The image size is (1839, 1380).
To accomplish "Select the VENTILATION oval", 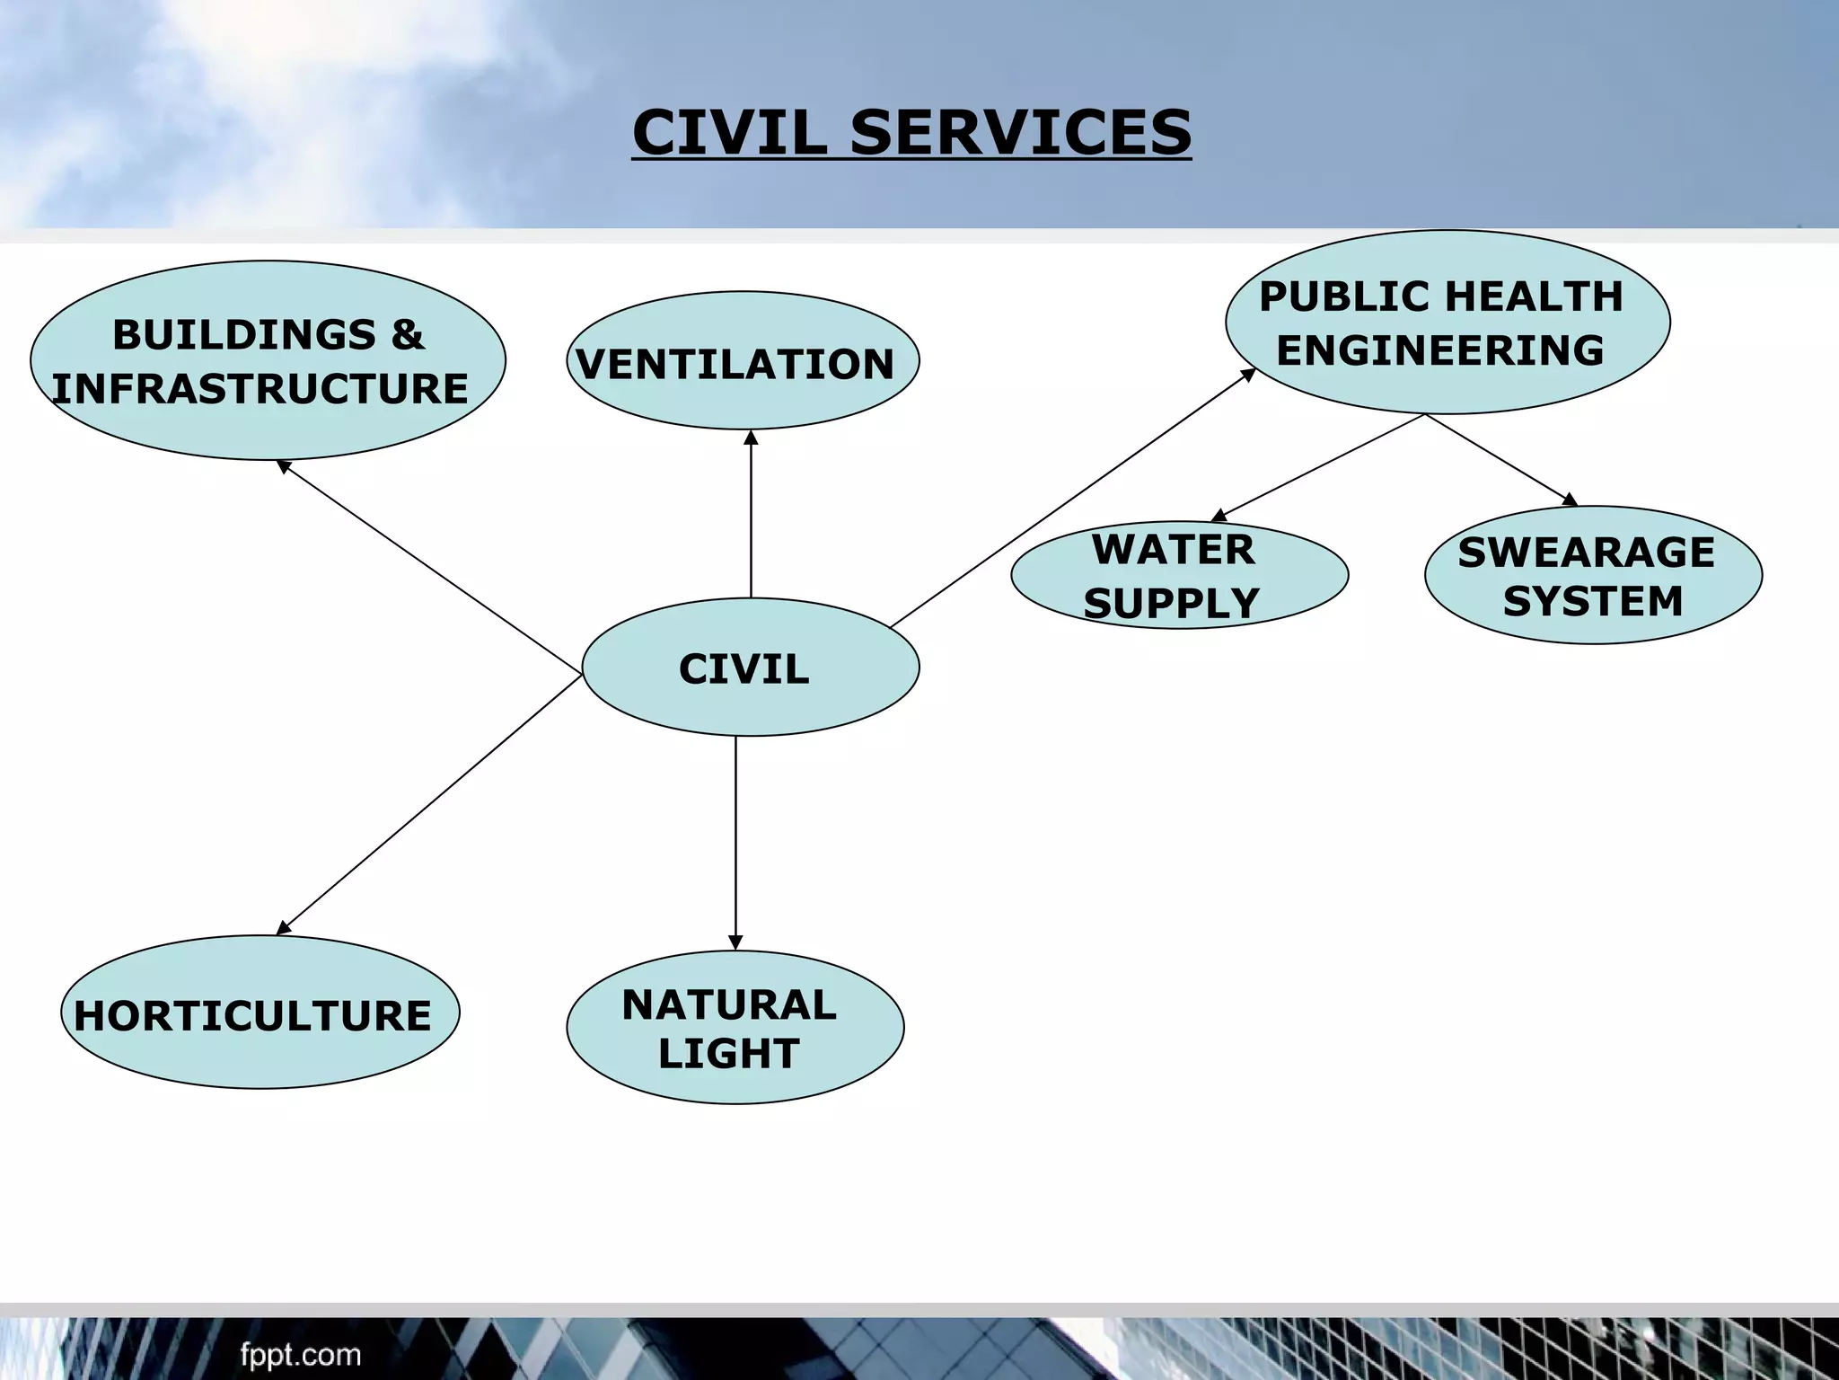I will click(743, 360).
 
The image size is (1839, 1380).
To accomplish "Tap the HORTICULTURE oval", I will click(260, 1013).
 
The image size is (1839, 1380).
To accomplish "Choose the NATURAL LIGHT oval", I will click(735, 1027).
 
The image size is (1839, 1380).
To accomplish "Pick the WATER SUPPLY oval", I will click(1178, 575).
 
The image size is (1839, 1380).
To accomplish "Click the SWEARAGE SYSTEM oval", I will click(1592, 575).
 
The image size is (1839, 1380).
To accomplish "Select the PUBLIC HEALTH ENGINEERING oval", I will click(1447, 322).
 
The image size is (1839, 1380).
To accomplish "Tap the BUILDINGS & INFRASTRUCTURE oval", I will click(268, 360).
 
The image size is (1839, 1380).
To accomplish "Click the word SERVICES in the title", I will click(1020, 132).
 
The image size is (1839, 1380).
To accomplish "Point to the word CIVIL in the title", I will click(729, 132).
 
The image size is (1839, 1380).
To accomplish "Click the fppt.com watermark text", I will click(300, 1355).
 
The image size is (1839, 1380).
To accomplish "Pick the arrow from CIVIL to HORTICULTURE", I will click(429, 804).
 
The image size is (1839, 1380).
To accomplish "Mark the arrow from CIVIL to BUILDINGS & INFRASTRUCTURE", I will click(429, 566).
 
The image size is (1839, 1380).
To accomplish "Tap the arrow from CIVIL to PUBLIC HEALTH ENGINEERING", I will click(1071, 499).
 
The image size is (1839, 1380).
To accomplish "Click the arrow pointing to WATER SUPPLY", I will click(1318, 467).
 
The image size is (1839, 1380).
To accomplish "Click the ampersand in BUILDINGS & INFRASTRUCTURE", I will click(407, 334).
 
